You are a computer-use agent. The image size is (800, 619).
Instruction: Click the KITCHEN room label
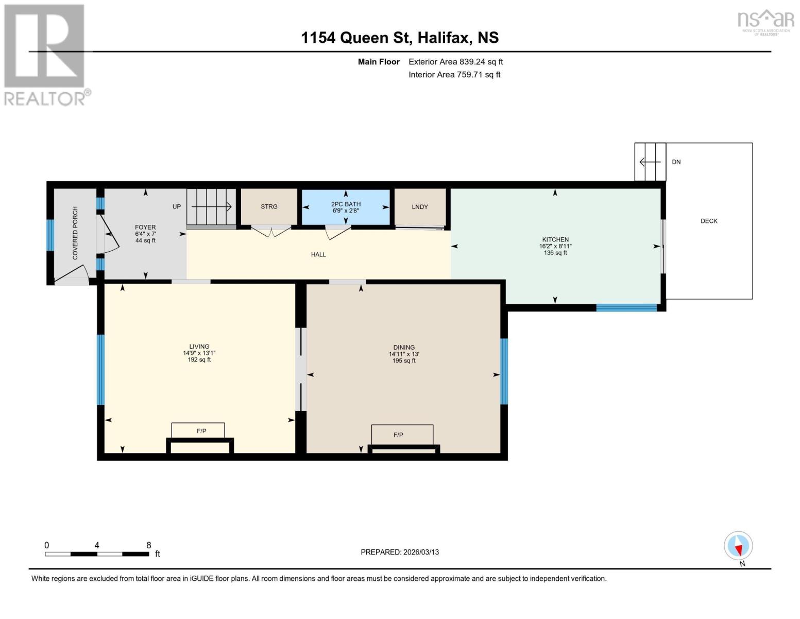pos(555,240)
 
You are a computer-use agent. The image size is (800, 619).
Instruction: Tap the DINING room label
pos(404,347)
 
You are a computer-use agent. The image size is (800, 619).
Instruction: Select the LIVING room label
pos(199,347)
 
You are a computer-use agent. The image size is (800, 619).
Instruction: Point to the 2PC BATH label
pos(346,204)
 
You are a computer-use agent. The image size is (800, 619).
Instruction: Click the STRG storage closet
pos(269,207)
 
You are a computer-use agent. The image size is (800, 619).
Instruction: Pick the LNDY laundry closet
pos(420,207)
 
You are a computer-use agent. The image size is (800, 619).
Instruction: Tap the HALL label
pos(318,254)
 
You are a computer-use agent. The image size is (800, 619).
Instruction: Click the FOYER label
pos(145,227)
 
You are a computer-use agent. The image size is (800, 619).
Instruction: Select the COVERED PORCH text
pos(75,233)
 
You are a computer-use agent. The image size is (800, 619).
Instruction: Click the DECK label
pos(709,221)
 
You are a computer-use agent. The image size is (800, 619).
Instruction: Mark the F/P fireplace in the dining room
pos(402,435)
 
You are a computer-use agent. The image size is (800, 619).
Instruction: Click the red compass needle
pos(738,550)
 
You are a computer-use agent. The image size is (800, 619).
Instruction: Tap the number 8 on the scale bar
pos(149,545)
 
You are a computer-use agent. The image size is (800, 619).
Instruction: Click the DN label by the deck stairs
pos(676,162)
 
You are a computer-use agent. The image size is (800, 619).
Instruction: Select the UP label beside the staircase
pos(177,207)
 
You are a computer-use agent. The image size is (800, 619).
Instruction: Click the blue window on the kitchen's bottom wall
pos(626,307)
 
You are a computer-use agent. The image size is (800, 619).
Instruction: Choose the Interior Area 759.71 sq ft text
pos(454,74)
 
